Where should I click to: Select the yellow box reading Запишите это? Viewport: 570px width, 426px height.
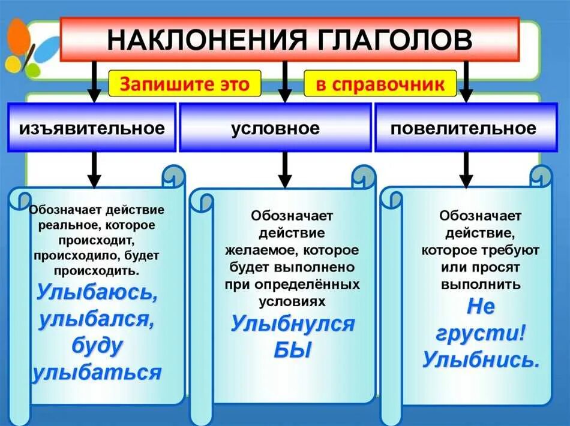(185, 84)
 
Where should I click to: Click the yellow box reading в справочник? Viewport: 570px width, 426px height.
(380, 84)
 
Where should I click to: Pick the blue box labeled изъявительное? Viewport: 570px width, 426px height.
(92, 128)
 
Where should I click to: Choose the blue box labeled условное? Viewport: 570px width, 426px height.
(275, 128)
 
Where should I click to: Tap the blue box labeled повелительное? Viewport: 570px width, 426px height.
(463, 128)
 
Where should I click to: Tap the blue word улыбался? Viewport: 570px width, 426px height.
(97, 319)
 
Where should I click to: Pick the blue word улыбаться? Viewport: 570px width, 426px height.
(97, 373)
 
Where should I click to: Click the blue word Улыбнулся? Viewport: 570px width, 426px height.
(293, 324)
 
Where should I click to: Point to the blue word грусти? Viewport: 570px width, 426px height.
(481, 333)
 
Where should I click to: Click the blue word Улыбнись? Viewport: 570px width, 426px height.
(481, 359)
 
